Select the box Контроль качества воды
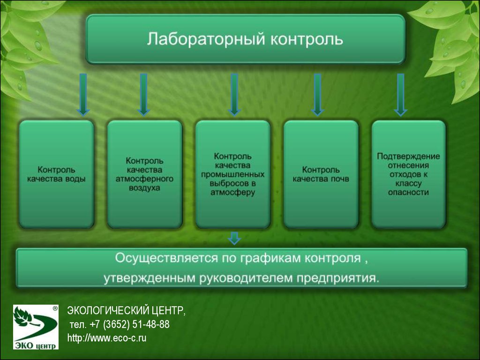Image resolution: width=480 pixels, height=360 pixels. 56,174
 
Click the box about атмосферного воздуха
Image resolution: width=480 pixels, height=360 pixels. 144,174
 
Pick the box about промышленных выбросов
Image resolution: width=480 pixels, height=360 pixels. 232,174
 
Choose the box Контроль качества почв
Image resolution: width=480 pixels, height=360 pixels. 321,174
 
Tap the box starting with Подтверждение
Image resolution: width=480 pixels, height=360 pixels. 408,174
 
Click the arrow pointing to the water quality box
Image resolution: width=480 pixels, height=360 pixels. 83,95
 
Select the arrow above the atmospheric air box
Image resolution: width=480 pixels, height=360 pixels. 143,95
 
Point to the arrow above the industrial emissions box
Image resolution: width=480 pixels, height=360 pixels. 234,95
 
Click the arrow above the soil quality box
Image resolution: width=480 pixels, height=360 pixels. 317,95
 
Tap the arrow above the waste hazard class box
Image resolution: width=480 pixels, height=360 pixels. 400,95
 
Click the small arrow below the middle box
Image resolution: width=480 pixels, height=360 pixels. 234,238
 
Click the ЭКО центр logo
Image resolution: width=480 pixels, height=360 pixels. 36,327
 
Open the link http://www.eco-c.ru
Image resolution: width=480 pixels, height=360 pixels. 107,338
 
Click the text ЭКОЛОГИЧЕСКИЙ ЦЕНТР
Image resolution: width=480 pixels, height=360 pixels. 126,311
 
